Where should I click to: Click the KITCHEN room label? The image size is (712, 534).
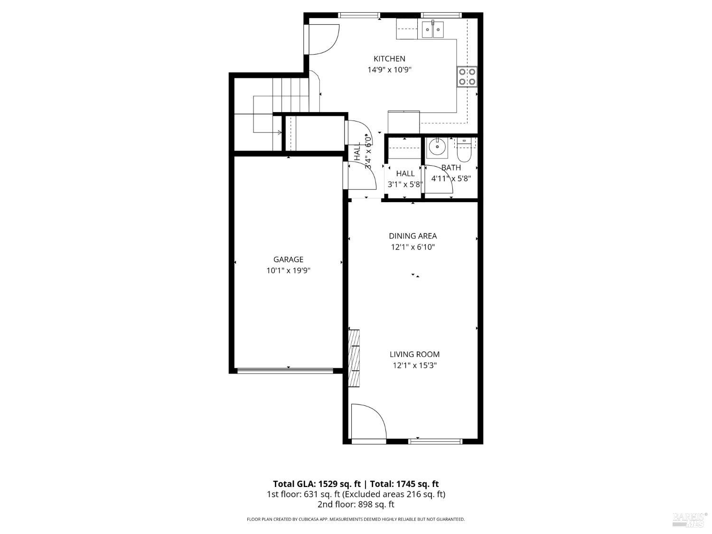tap(389, 59)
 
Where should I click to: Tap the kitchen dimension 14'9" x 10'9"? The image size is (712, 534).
tap(389, 70)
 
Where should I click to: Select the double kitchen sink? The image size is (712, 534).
tap(432, 30)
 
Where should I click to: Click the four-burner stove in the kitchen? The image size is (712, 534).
tap(467, 77)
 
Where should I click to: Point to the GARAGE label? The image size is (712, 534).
tap(288, 260)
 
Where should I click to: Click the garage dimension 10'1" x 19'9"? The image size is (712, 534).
tap(288, 271)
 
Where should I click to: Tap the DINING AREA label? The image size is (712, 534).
tap(412, 236)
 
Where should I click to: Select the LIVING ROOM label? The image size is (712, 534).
tap(414, 355)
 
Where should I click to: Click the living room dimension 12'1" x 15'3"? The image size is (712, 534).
tap(414, 365)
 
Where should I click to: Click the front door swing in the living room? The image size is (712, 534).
tap(368, 422)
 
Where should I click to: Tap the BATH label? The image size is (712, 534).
tap(451, 168)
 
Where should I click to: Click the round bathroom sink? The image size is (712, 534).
tap(435, 148)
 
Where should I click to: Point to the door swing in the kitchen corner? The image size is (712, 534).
tap(323, 39)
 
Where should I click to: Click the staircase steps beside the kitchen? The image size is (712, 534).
tap(290, 94)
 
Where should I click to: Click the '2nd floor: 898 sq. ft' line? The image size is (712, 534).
tap(356, 505)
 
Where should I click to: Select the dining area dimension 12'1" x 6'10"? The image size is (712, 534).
tap(412, 247)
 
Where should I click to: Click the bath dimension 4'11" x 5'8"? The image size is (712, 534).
tap(451, 179)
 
